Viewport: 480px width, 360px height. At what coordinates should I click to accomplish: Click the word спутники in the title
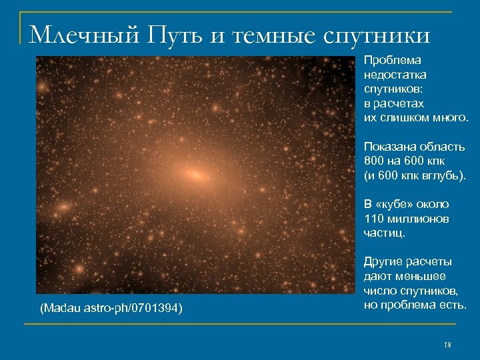pyautogui.click(x=377, y=33)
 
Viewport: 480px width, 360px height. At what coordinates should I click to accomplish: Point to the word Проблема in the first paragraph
pyautogui.click(x=388, y=61)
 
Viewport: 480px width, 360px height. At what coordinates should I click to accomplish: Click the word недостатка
pyautogui.click(x=395, y=75)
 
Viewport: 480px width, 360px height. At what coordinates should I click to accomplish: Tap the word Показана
pyautogui.click(x=389, y=147)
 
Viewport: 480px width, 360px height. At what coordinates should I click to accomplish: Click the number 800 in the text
pyautogui.click(x=374, y=161)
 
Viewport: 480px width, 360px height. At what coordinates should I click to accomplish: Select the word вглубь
pyautogui.click(x=443, y=175)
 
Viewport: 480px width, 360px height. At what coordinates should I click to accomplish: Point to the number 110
pyautogui.click(x=373, y=219)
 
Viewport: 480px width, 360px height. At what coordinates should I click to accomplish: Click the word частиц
pyautogui.click(x=383, y=233)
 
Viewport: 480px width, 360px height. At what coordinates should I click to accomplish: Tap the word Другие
pyautogui.click(x=383, y=262)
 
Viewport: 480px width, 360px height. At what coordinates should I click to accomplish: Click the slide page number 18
pyautogui.click(x=447, y=345)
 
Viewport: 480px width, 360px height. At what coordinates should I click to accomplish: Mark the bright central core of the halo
pyautogui.click(x=195, y=175)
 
